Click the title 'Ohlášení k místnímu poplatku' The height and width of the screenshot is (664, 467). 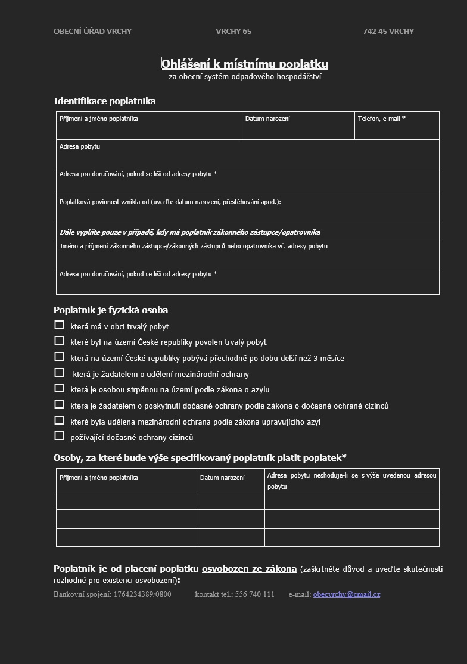click(245, 64)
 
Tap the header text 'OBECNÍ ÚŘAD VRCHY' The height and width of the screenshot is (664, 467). click(92, 32)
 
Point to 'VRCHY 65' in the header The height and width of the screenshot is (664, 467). click(233, 32)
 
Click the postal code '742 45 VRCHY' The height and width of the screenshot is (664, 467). click(388, 32)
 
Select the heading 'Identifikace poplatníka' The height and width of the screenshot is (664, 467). click(105, 101)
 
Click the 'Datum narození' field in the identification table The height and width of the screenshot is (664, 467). click(298, 126)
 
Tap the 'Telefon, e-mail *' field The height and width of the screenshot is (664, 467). click(397, 126)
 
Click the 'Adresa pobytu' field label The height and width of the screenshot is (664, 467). click(80, 146)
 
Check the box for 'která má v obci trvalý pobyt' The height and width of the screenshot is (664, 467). click(59, 325)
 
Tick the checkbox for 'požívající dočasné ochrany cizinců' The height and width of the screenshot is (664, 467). click(59, 436)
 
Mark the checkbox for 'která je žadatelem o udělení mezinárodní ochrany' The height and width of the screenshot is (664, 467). click(59, 373)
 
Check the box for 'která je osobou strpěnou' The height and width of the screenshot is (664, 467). click(59, 388)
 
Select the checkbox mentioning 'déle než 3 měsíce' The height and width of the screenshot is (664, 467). click(59, 357)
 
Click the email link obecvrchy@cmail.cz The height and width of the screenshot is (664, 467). click(346, 594)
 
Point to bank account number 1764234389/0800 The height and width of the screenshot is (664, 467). click(142, 594)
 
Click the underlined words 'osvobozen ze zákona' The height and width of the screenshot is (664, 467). click(249, 569)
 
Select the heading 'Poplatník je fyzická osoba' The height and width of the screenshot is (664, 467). click(111, 310)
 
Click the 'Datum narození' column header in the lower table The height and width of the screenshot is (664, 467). click(222, 478)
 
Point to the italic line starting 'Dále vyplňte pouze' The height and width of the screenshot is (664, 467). click(190, 232)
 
